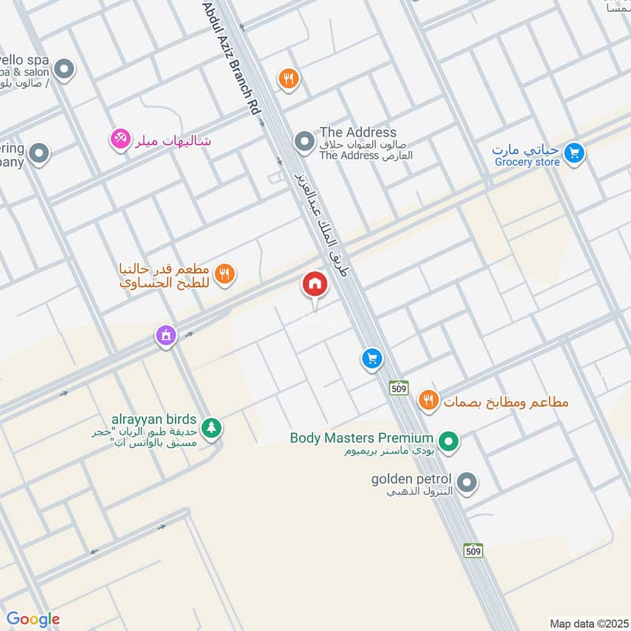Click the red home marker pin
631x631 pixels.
[x=315, y=283]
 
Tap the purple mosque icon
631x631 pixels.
[x=166, y=337]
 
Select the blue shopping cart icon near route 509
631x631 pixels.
[x=372, y=360]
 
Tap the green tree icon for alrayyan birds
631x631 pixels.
[x=211, y=428]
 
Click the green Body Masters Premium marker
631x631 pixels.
[x=449, y=442]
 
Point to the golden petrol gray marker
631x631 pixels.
[x=467, y=482]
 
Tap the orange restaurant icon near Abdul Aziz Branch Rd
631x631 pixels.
[x=288, y=78]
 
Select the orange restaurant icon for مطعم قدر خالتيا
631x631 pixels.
[x=226, y=274]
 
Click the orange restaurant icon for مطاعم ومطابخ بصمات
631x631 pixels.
[x=428, y=401]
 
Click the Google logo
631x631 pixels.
[x=33, y=619]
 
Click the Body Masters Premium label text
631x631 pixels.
[x=361, y=438]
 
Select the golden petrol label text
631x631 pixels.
[x=411, y=479]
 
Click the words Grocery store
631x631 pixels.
[x=527, y=162]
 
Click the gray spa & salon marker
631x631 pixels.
[x=65, y=69]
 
